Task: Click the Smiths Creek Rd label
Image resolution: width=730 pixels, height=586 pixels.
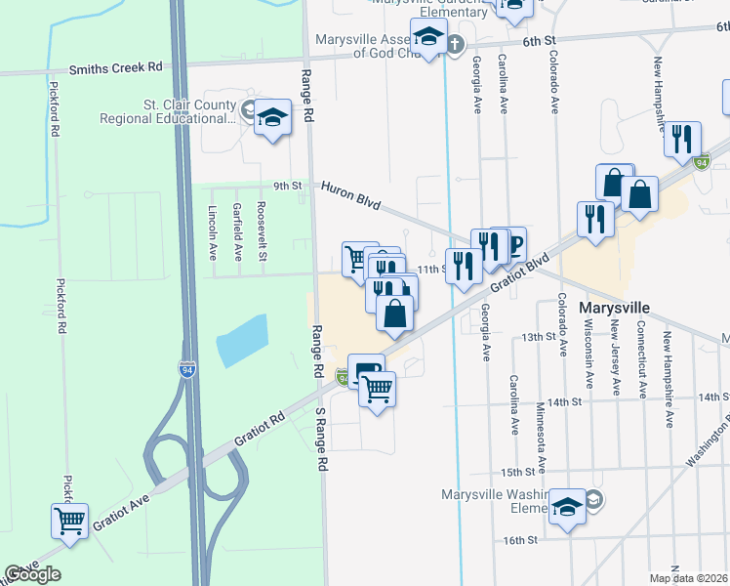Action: [x=115, y=68]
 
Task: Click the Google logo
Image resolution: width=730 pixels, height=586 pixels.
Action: [x=32, y=574]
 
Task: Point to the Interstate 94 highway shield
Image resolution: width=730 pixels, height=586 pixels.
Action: [x=186, y=370]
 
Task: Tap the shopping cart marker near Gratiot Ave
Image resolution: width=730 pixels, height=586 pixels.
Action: [x=69, y=523]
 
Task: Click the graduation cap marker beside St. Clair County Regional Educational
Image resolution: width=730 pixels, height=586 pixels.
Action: [x=273, y=118]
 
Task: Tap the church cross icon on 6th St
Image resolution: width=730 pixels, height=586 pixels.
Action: [x=455, y=43]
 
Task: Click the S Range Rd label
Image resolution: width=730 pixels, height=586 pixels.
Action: [x=319, y=439]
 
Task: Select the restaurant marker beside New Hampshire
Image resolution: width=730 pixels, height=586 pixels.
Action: [x=682, y=138]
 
